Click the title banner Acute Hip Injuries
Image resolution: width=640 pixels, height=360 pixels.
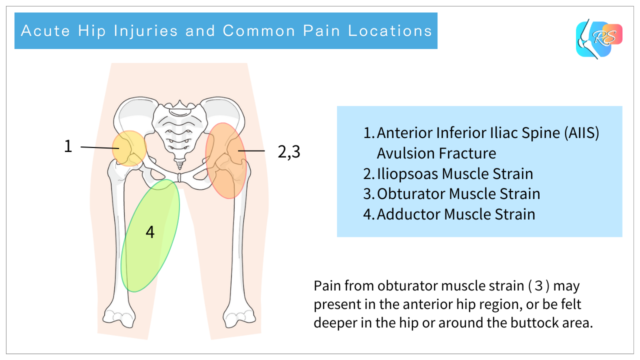coord(226,31)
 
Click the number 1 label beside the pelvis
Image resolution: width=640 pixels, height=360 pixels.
coord(68,146)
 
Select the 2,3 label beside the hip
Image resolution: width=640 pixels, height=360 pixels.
coord(290,152)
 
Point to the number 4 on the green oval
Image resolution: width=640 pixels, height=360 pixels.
coord(150,232)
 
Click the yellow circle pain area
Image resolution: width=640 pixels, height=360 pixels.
coord(129,149)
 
